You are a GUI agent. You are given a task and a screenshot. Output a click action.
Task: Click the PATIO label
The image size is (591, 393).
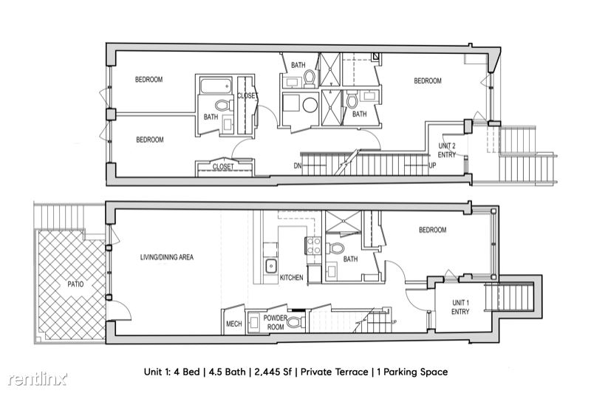(x=75, y=284)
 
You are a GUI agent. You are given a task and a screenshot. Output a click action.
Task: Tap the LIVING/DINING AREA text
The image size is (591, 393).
(x=167, y=257)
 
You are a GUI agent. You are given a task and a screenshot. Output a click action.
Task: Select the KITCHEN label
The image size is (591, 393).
(x=291, y=277)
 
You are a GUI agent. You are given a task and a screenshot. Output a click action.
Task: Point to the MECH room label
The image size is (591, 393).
(x=233, y=324)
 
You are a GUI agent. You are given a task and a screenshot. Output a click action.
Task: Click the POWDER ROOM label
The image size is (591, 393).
(x=276, y=323)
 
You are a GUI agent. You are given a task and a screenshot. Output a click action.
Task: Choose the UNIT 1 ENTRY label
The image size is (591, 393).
(x=460, y=307)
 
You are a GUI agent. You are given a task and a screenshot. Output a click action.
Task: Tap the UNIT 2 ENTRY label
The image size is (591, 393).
(x=447, y=150)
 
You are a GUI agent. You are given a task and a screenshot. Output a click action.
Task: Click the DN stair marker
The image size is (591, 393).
(x=298, y=165)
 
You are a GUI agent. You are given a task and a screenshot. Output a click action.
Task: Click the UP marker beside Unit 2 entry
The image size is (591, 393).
(x=432, y=165)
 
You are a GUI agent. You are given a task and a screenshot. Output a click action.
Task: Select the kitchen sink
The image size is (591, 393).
(x=270, y=266)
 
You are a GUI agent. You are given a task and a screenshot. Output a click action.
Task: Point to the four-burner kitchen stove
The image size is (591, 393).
(x=312, y=245)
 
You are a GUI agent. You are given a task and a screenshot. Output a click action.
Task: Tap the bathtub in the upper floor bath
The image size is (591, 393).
(x=216, y=86)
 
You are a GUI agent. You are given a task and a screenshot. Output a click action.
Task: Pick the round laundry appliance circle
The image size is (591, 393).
(x=310, y=105)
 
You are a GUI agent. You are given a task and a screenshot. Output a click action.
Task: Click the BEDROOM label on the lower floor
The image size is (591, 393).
(x=432, y=230)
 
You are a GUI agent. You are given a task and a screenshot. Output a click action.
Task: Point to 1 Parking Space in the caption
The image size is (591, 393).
(x=412, y=372)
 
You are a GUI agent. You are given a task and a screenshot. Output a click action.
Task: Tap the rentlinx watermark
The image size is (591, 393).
(x=38, y=379)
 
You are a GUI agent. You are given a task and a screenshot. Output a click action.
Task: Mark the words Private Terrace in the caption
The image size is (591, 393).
(x=335, y=372)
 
